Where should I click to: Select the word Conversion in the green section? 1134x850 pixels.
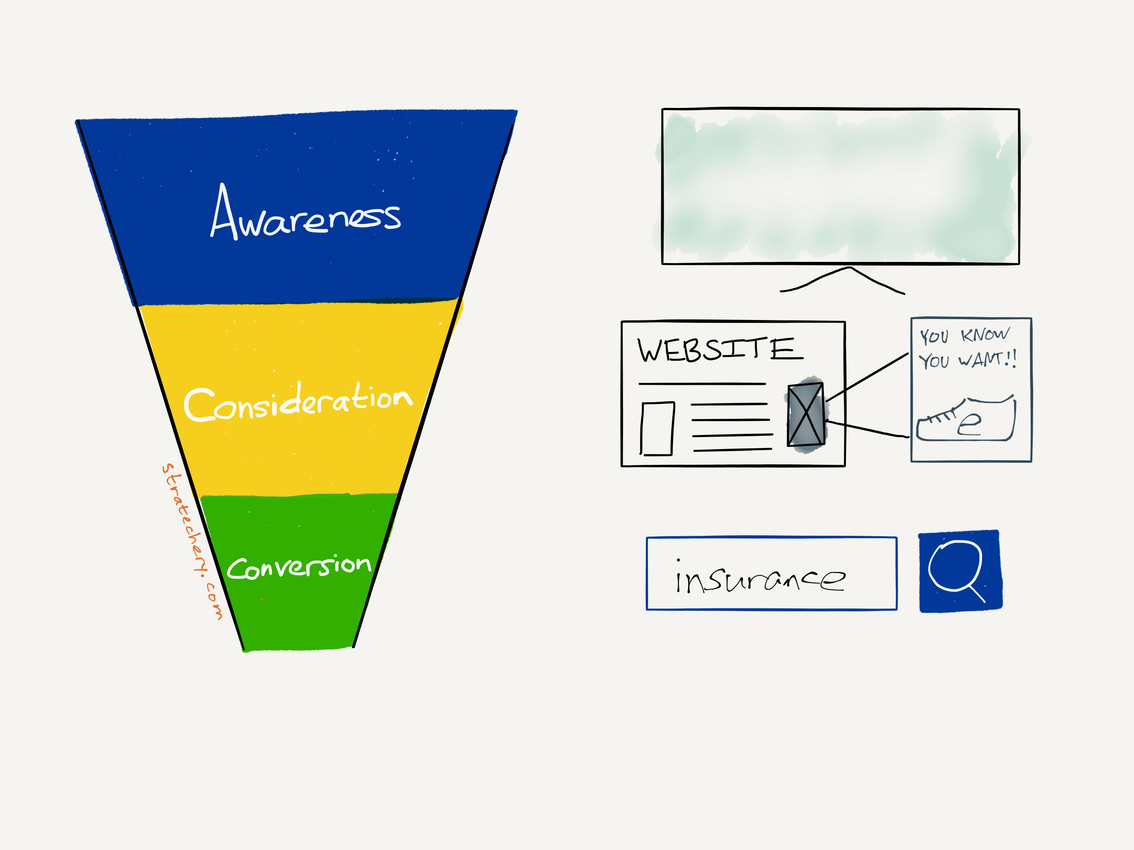tap(299, 567)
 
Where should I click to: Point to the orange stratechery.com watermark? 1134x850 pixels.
tap(192, 541)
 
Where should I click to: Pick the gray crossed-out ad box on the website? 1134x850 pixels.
tap(806, 414)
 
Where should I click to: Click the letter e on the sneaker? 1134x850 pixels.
tap(969, 424)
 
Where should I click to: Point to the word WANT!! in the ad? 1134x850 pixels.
tap(987, 359)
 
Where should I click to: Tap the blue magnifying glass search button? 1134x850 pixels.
tap(960, 571)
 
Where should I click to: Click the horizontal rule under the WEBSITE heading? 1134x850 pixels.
tap(702, 383)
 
